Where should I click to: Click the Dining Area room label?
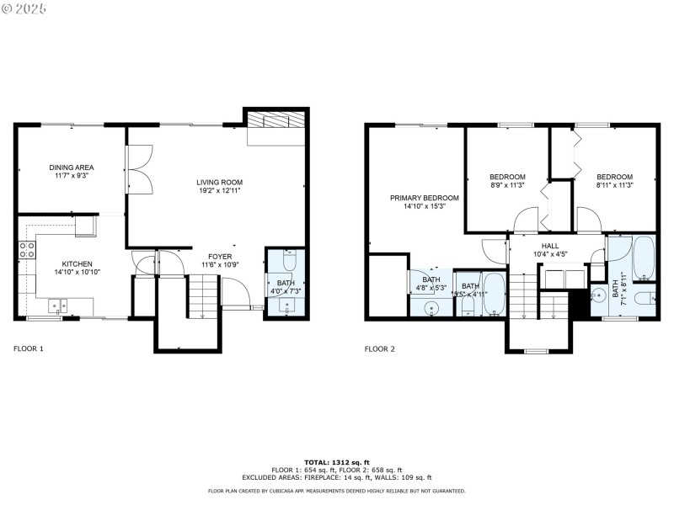(71, 167)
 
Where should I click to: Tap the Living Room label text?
(219, 183)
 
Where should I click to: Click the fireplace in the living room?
(275, 121)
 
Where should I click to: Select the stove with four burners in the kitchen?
(27, 249)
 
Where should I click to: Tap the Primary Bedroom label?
(418, 198)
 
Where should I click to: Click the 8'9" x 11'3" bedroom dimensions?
(507, 185)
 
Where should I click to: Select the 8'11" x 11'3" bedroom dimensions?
(614, 185)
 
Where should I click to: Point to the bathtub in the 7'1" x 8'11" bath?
(644, 260)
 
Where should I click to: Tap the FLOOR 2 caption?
(379, 348)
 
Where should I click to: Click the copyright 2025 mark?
(24, 8)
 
